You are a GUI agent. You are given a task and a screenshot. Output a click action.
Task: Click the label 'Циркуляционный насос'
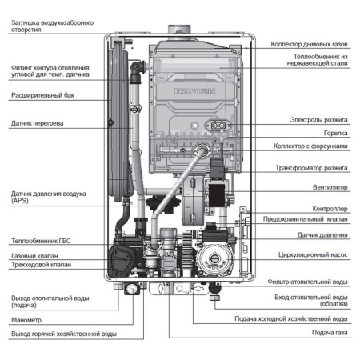(309, 258)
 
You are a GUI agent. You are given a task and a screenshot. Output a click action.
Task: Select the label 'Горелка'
(334, 134)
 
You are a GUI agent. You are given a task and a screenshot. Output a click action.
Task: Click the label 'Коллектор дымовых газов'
(309, 45)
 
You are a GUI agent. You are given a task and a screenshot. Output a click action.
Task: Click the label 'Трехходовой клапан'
(41, 264)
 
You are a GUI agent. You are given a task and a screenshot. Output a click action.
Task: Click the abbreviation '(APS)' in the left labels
(22, 202)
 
